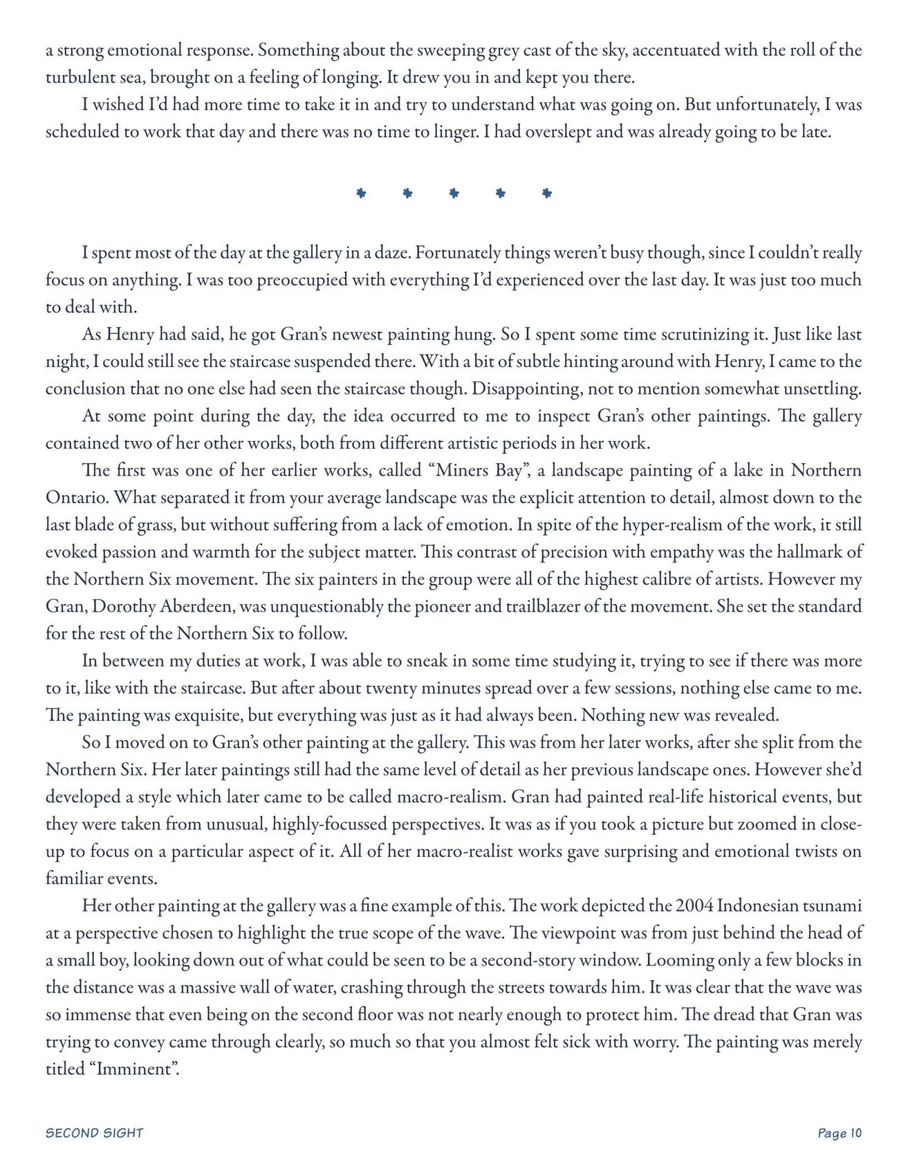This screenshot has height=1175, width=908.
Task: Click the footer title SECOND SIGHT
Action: click(x=94, y=1132)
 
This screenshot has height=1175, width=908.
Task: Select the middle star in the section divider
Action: click(x=454, y=194)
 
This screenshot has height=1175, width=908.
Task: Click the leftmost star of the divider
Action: click(x=360, y=194)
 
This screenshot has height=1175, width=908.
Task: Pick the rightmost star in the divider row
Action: click(x=547, y=194)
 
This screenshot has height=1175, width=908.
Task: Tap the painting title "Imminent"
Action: click(x=136, y=1069)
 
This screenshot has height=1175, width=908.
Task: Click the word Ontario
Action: click(x=74, y=498)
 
